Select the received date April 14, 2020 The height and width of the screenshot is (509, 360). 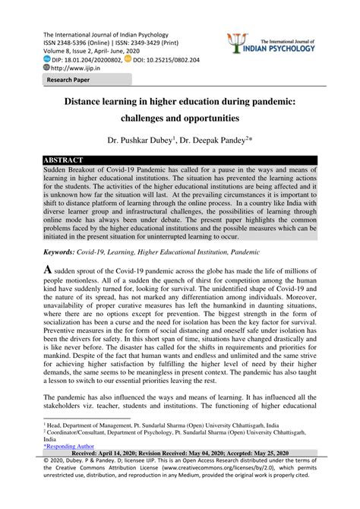(110, 456)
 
